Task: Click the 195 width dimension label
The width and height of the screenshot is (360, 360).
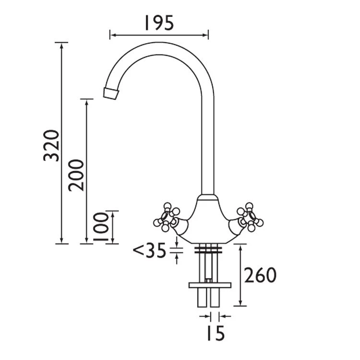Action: pyautogui.click(x=158, y=23)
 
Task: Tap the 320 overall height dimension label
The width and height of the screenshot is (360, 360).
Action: pyautogui.click(x=51, y=145)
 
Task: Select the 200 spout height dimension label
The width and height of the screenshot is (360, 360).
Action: pyautogui.click(x=76, y=175)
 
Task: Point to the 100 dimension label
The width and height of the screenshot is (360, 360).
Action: pyautogui.click(x=100, y=227)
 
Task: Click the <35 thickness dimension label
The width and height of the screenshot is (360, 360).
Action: pyautogui.click(x=149, y=251)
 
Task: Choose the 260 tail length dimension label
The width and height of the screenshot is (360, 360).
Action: pyautogui.click(x=260, y=276)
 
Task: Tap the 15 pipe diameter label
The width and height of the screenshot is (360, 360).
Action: pyautogui.click(x=215, y=333)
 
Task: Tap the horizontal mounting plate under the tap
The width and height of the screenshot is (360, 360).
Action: pyautogui.click(x=210, y=285)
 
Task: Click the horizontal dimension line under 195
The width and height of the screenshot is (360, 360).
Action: pyautogui.click(x=159, y=35)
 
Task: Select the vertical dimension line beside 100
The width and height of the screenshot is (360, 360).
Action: pyautogui.click(x=112, y=227)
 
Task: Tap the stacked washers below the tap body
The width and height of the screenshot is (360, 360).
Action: pyautogui.click(x=208, y=249)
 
